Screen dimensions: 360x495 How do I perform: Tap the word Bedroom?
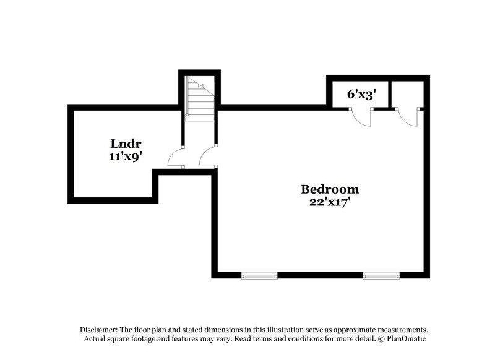click(x=330, y=189)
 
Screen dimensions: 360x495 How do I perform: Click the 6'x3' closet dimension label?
click(x=358, y=94)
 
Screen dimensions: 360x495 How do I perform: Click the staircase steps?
click(x=200, y=99)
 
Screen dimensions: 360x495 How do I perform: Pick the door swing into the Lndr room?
click(x=176, y=157)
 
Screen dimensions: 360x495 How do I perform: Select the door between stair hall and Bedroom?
click(x=208, y=157)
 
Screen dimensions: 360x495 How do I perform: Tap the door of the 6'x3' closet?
click(x=361, y=117)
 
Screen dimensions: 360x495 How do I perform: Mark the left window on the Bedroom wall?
click(x=259, y=275)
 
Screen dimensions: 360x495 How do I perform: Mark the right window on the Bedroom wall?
click(x=381, y=275)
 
